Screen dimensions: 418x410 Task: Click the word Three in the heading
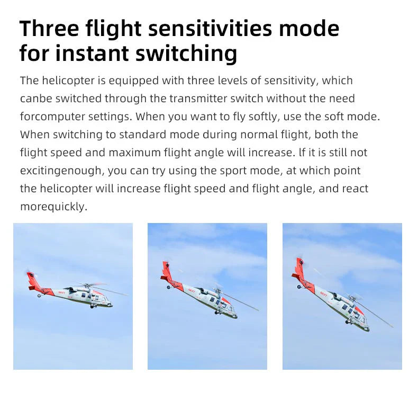(49, 28)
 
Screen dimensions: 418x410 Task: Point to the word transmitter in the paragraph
(198, 99)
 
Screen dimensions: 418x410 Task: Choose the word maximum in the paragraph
(134, 153)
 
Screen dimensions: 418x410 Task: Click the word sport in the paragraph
(232, 171)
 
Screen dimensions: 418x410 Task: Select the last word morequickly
(53, 207)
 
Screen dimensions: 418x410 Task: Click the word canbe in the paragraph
(36, 99)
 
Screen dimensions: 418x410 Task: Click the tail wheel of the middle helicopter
(168, 287)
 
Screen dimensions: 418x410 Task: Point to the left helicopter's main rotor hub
(87, 286)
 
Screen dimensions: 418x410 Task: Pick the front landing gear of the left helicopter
(92, 306)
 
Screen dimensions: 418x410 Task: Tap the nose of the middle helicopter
(235, 316)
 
